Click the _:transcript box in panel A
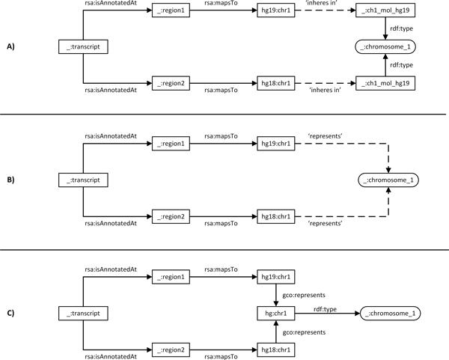click(x=83, y=48)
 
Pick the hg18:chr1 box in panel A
click(x=275, y=82)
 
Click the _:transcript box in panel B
click(x=83, y=180)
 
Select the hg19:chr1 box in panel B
click(x=275, y=144)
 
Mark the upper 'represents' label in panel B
click(x=324, y=135)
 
